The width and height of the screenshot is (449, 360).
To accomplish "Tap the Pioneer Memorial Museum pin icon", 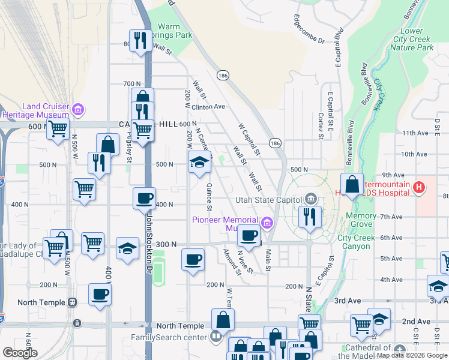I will pos(267,224).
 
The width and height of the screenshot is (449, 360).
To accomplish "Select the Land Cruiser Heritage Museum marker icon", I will pos(77,110).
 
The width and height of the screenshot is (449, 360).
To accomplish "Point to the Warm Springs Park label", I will pos(175,31).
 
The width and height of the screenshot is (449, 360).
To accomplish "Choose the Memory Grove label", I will pos(361,220).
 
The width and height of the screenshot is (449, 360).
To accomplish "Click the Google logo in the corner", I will pos(20,352).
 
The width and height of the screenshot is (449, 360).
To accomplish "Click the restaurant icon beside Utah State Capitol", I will pos(310,217).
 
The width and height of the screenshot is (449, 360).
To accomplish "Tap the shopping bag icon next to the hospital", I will pos(352,184).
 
